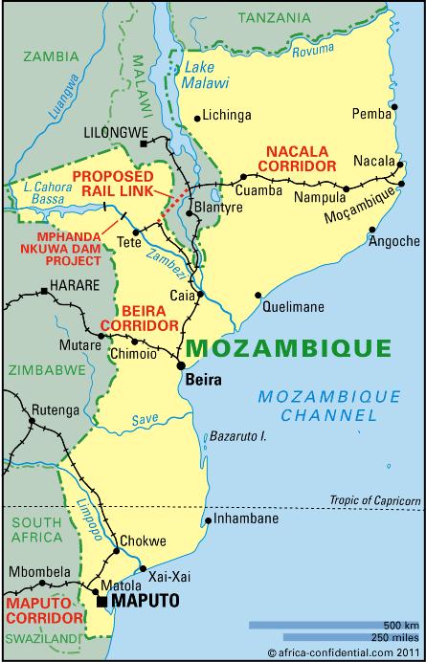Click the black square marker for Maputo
[x=101, y=601]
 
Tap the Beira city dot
[x=180, y=365]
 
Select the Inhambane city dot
[x=209, y=521]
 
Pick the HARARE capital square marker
[x=44, y=291]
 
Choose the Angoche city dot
[x=372, y=228]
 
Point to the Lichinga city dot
[x=197, y=118]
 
